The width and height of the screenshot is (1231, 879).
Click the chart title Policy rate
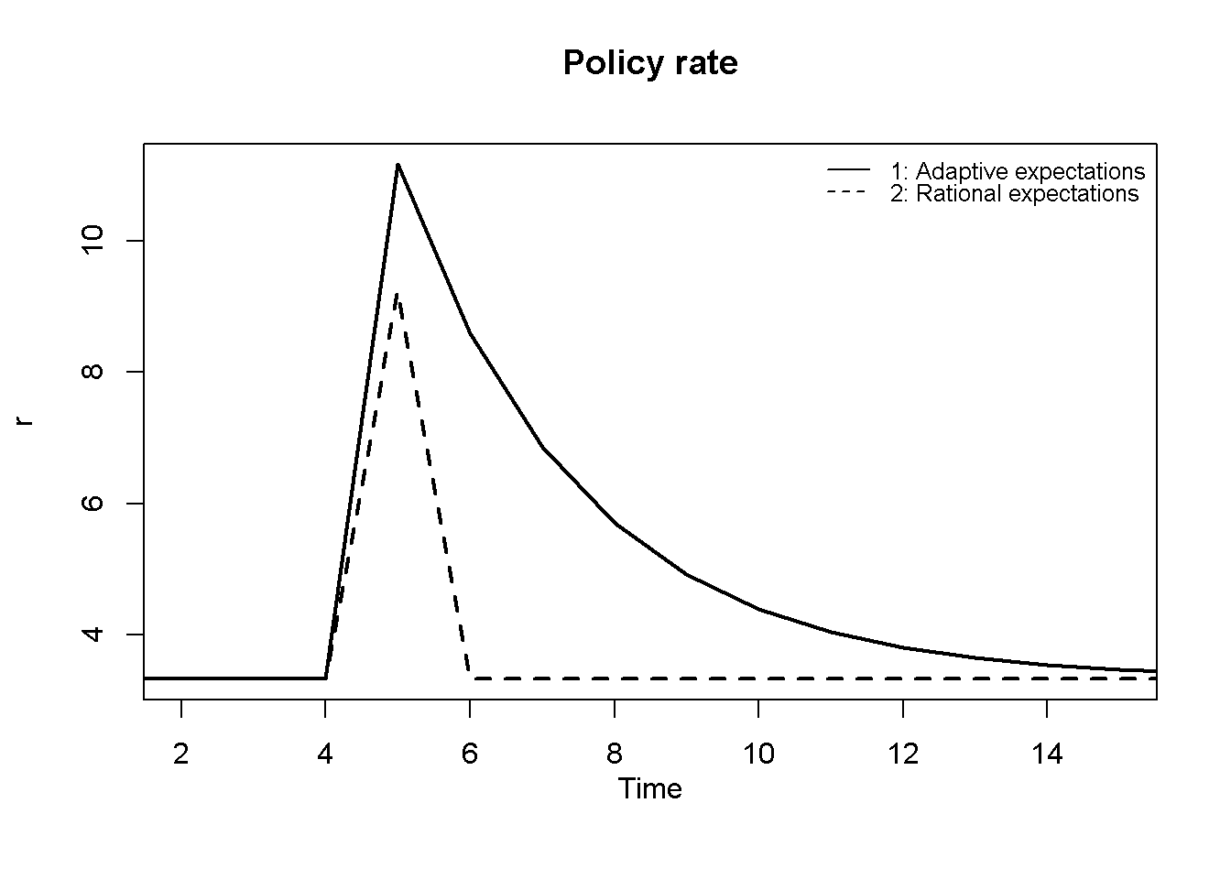coord(650,63)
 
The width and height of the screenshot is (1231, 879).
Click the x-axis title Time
coord(649,789)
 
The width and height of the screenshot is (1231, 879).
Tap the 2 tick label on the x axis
coord(181,754)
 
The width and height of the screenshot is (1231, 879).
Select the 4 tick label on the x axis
coord(325,754)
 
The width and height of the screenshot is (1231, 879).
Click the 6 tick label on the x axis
coord(470,754)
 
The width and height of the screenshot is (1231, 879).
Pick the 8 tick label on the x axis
coord(615,754)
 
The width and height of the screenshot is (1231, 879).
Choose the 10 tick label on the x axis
coord(758,754)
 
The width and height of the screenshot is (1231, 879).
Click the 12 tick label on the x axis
coord(903,754)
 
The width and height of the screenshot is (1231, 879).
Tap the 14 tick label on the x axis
coord(1047,754)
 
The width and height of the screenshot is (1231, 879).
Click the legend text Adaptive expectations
coord(1018,171)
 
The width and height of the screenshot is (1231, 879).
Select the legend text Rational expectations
coord(1015,193)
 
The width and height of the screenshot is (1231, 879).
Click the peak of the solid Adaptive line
coord(398,164)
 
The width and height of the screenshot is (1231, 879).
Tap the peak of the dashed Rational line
coord(397,293)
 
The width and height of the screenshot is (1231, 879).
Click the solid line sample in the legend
coord(848,171)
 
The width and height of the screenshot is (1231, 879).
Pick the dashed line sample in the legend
coord(848,193)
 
